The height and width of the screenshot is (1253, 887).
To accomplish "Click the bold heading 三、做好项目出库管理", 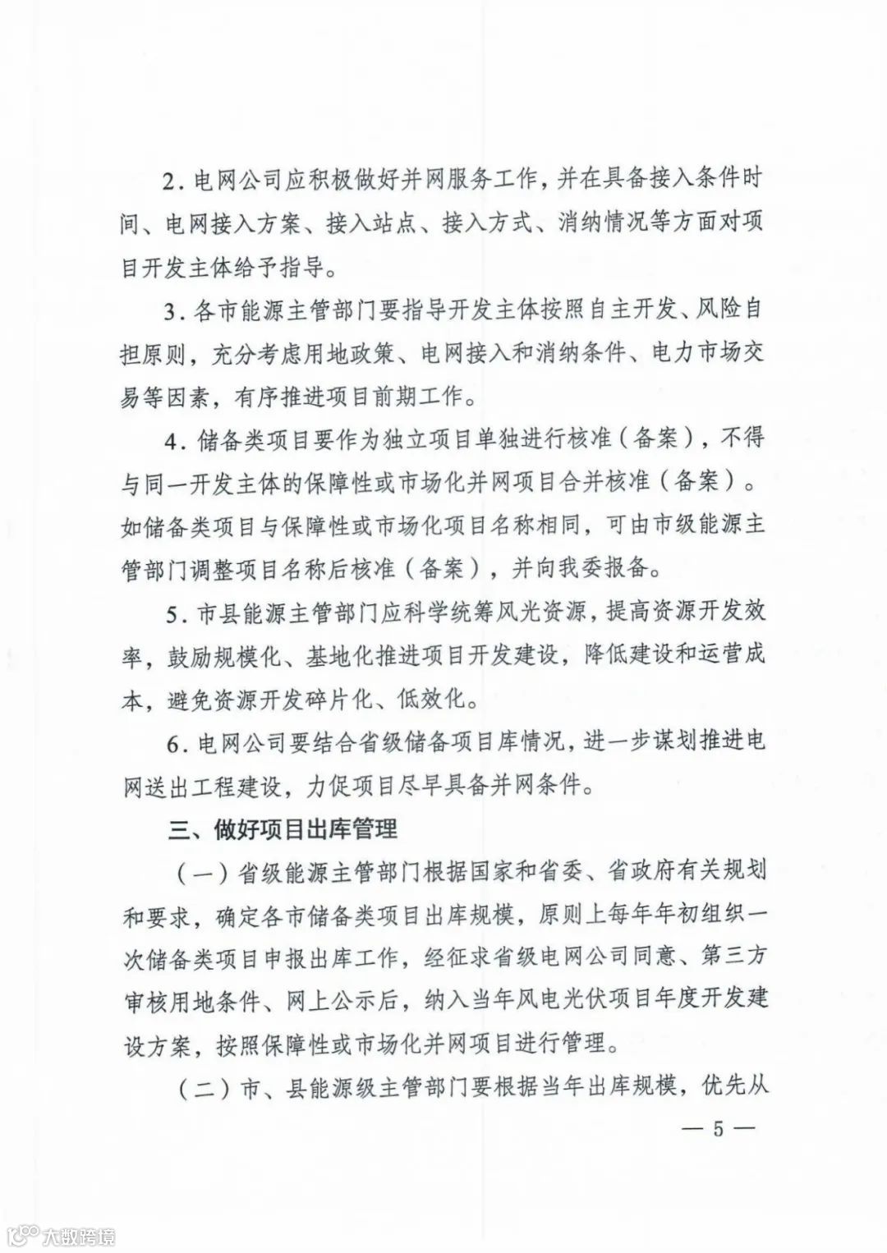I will (283, 830).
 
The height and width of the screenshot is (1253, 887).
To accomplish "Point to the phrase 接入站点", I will (370, 224).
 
